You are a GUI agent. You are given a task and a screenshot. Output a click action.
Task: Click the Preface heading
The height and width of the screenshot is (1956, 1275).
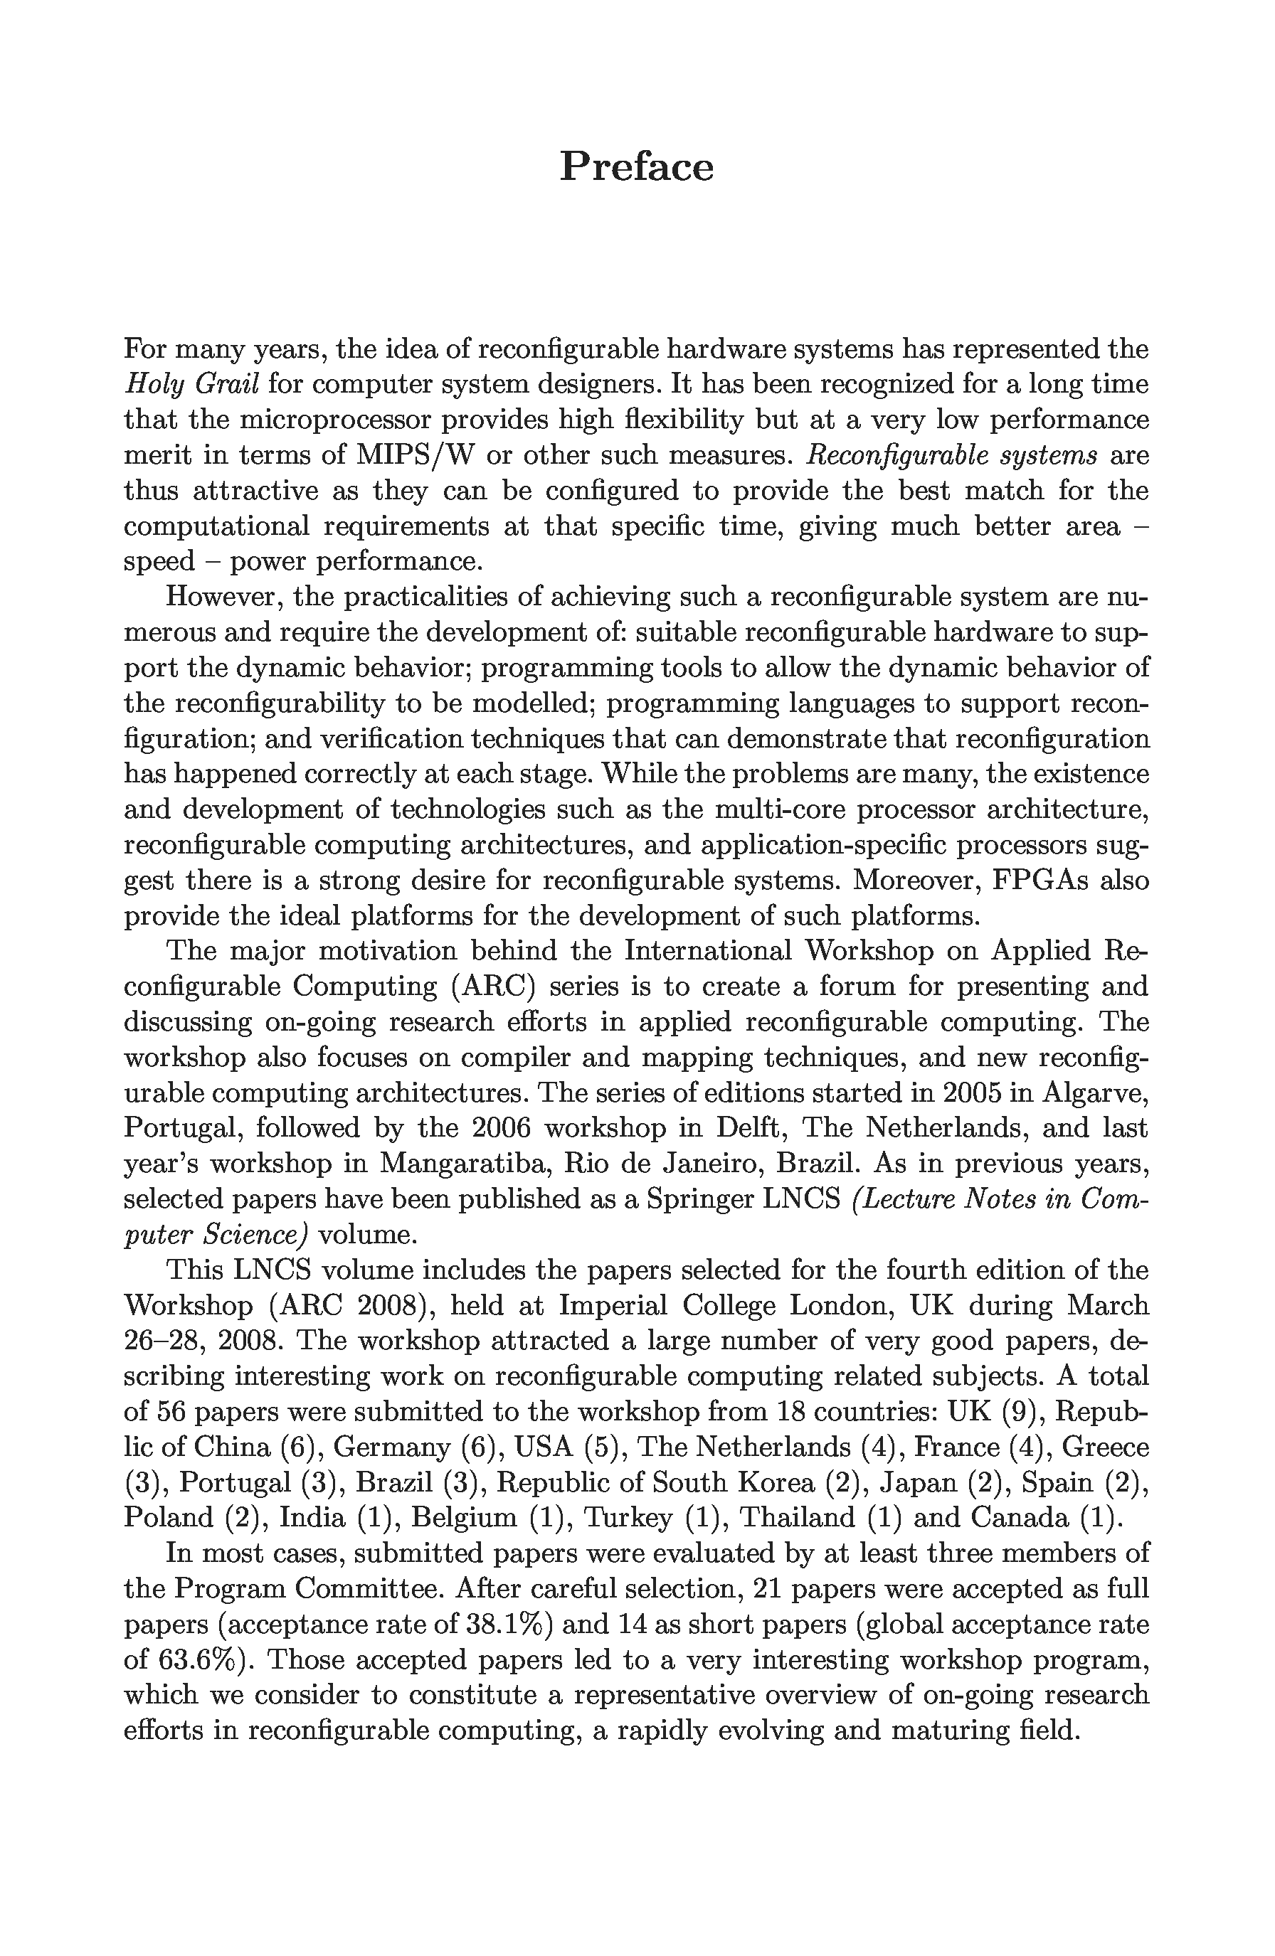point(636,167)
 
